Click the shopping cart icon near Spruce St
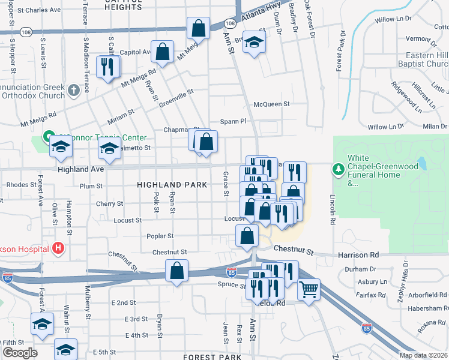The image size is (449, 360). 308,290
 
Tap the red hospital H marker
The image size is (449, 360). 58,247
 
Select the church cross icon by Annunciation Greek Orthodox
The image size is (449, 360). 73,91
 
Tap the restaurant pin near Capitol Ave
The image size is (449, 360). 107,67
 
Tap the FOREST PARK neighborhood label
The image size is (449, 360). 207,356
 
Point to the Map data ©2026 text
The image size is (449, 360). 423,355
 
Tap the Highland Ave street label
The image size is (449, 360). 81,170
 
